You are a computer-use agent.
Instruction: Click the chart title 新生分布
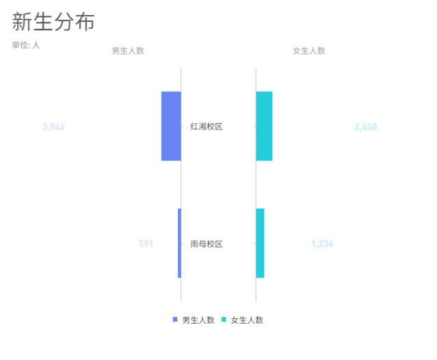click(53, 21)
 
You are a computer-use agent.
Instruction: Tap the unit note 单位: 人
click(26, 46)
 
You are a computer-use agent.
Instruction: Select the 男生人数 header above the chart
click(129, 51)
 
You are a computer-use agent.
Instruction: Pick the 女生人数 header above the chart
click(308, 51)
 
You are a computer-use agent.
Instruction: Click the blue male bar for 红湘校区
click(171, 126)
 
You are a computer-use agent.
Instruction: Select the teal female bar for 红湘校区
click(264, 126)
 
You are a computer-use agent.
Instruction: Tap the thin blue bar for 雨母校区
click(179, 243)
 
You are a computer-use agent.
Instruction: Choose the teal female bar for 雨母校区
click(260, 243)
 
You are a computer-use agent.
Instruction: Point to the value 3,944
click(53, 127)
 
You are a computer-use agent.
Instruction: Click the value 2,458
click(365, 127)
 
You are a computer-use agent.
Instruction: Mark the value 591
click(146, 244)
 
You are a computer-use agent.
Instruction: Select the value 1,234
click(322, 244)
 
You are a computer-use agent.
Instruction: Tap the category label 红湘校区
click(207, 127)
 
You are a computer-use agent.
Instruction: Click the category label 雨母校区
click(207, 244)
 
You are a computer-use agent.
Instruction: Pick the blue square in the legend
click(175, 320)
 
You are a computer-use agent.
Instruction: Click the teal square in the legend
click(224, 320)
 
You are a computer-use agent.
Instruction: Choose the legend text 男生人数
click(198, 320)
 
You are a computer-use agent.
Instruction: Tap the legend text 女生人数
click(247, 320)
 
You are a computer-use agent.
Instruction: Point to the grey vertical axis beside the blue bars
click(181, 185)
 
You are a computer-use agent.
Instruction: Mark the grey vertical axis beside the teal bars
click(256, 185)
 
